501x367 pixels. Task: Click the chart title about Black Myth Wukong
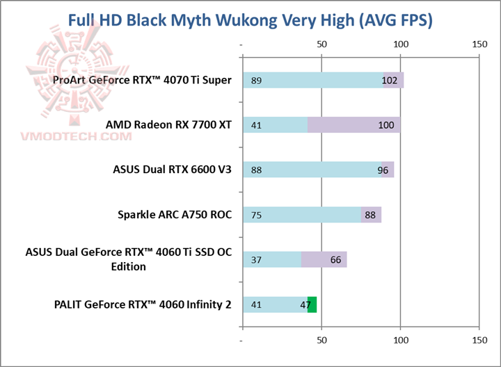(250, 20)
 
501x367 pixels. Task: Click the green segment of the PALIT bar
(312, 304)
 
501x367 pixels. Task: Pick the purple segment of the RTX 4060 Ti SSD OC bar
(324, 260)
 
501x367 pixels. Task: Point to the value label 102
(390, 81)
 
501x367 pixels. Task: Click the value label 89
(256, 81)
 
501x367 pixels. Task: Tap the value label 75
(256, 215)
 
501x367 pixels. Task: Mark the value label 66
(335, 260)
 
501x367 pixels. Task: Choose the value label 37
(256, 260)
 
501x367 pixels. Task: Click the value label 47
(305, 304)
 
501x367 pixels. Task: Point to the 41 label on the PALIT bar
(256, 304)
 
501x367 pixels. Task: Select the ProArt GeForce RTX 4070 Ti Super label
(142, 80)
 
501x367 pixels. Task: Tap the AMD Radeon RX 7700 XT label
(168, 125)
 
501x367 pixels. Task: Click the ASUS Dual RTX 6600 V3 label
(172, 170)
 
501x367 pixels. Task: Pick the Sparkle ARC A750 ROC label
(175, 214)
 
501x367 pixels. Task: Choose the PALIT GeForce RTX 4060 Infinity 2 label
(143, 304)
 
